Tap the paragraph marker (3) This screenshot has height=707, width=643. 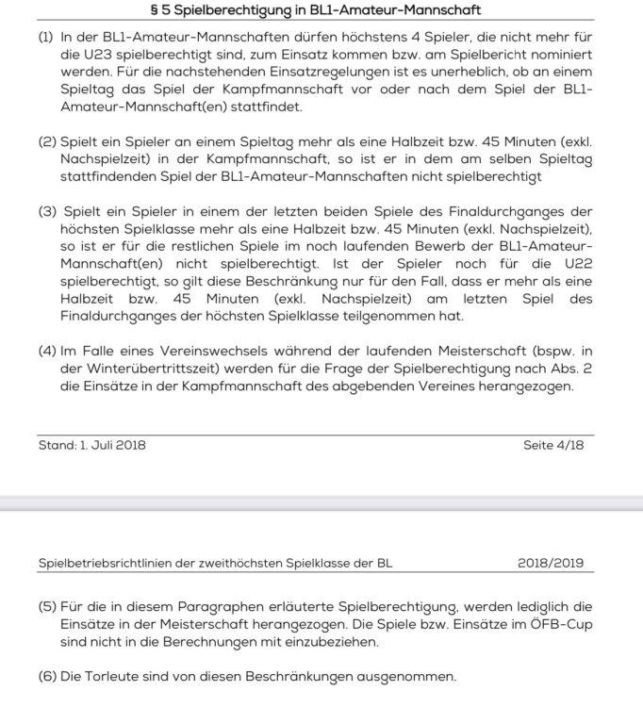49,210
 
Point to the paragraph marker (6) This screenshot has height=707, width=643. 48,678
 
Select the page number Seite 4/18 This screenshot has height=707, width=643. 553,444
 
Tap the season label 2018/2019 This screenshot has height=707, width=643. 550,564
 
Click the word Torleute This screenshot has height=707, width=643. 116,678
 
